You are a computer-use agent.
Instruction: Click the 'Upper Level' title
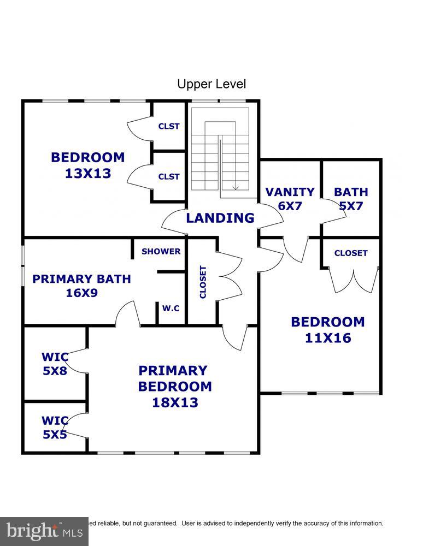coord(211,84)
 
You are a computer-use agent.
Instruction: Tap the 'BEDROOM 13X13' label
coord(88,165)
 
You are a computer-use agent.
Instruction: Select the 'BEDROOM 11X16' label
coord(327,330)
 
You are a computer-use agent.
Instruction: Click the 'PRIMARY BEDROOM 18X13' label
coord(174,387)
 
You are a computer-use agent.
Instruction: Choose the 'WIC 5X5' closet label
coord(55,428)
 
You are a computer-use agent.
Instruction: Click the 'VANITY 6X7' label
coord(290,199)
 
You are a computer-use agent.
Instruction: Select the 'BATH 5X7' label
coord(351,199)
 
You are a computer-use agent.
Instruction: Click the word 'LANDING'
coord(220,218)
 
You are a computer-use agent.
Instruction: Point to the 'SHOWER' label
coord(161,252)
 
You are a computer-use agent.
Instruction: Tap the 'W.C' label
coord(171,308)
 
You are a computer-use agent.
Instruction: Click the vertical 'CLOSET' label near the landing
coord(203,282)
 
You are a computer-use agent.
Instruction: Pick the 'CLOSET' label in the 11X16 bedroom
coord(351,253)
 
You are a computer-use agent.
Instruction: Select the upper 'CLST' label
coord(169,126)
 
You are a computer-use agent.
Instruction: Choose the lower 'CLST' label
coord(169,176)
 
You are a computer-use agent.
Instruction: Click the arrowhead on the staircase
coord(236,188)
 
